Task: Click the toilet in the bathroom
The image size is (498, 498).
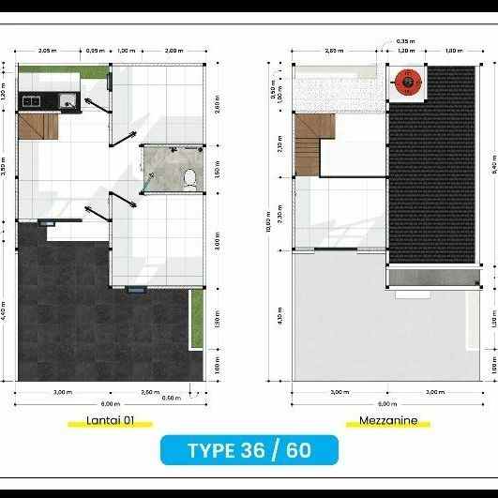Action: pyautogui.click(x=190, y=176)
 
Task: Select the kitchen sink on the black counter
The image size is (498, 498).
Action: pyautogui.click(x=67, y=100)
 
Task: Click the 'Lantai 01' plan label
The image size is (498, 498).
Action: pyautogui.click(x=110, y=420)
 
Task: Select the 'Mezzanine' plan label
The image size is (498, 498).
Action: pyautogui.click(x=388, y=420)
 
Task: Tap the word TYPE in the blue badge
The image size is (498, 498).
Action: pyautogui.click(x=212, y=450)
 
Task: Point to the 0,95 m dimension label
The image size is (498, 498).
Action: pyautogui.click(x=95, y=50)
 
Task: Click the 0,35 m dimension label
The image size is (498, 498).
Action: pyautogui.click(x=404, y=41)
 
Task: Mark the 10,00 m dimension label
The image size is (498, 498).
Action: pyautogui.click(x=270, y=223)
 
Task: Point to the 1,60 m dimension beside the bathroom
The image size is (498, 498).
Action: pyautogui.click(x=217, y=174)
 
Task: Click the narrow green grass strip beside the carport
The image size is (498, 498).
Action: pyautogui.click(x=196, y=318)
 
